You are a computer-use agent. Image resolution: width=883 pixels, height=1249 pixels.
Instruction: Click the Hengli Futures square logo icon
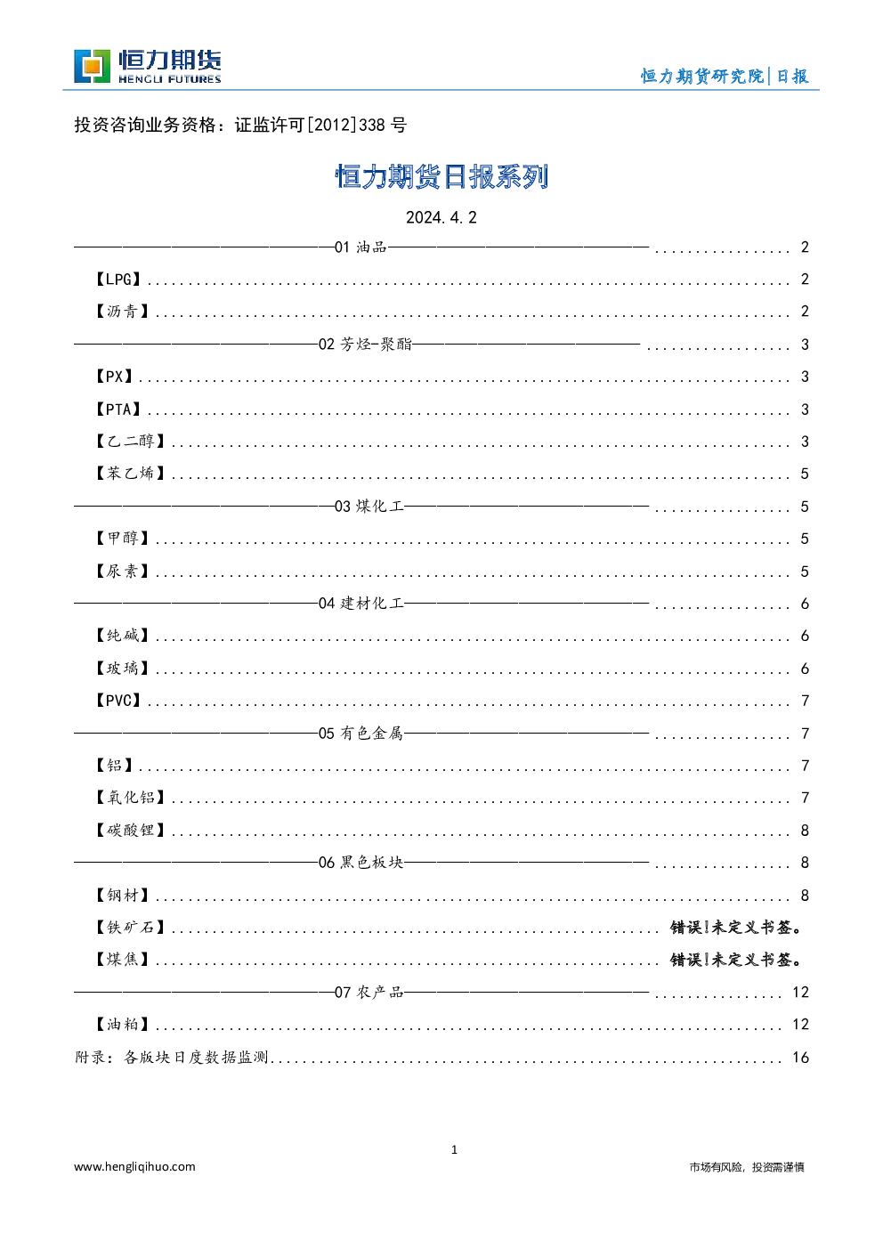click(x=92, y=67)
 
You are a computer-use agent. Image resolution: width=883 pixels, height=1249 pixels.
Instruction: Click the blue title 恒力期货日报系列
click(x=441, y=177)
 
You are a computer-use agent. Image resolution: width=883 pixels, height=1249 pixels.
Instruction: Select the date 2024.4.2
click(x=441, y=217)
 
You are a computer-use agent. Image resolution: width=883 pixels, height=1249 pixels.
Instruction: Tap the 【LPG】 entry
click(x=118, y=279)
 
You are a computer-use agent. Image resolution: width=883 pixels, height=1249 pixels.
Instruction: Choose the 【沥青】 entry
click(x=122, y=311)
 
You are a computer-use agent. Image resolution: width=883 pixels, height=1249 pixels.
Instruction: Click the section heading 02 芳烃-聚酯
click(x=365, y=344)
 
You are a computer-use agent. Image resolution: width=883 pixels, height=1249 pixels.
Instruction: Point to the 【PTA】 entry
click(x=118, y=410)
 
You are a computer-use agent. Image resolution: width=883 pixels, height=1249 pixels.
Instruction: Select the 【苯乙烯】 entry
click(x=131, y=474)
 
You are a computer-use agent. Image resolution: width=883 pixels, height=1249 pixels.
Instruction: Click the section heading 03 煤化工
click(x=369, y=507)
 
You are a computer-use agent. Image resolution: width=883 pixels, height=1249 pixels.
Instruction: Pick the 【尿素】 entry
click(x=122, y=571)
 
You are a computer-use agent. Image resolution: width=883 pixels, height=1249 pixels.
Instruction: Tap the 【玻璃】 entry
click(x=122, y=668)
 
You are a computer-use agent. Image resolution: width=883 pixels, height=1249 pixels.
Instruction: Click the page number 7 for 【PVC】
click(x=805, y=701)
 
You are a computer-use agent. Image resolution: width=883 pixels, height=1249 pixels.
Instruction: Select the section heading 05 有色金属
click(x=360, y=734)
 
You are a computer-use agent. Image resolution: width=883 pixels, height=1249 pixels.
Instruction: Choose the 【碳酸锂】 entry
click(x=131, y=831)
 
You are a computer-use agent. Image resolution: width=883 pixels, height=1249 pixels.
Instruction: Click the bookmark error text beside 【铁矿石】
click(x=736, y=928)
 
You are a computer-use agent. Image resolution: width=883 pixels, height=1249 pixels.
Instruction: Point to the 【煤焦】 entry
click(x=122, y=960)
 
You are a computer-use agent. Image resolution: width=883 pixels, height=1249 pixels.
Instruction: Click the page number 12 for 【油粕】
click(x=800, y=1025)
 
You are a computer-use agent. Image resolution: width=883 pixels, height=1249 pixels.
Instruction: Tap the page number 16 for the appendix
click(x=800, y=1058)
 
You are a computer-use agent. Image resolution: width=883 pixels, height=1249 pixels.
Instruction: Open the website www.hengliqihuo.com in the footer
click(x=135, y=1166)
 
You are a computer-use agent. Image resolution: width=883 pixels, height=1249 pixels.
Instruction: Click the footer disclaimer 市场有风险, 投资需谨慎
click(x=747, y=1167)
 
